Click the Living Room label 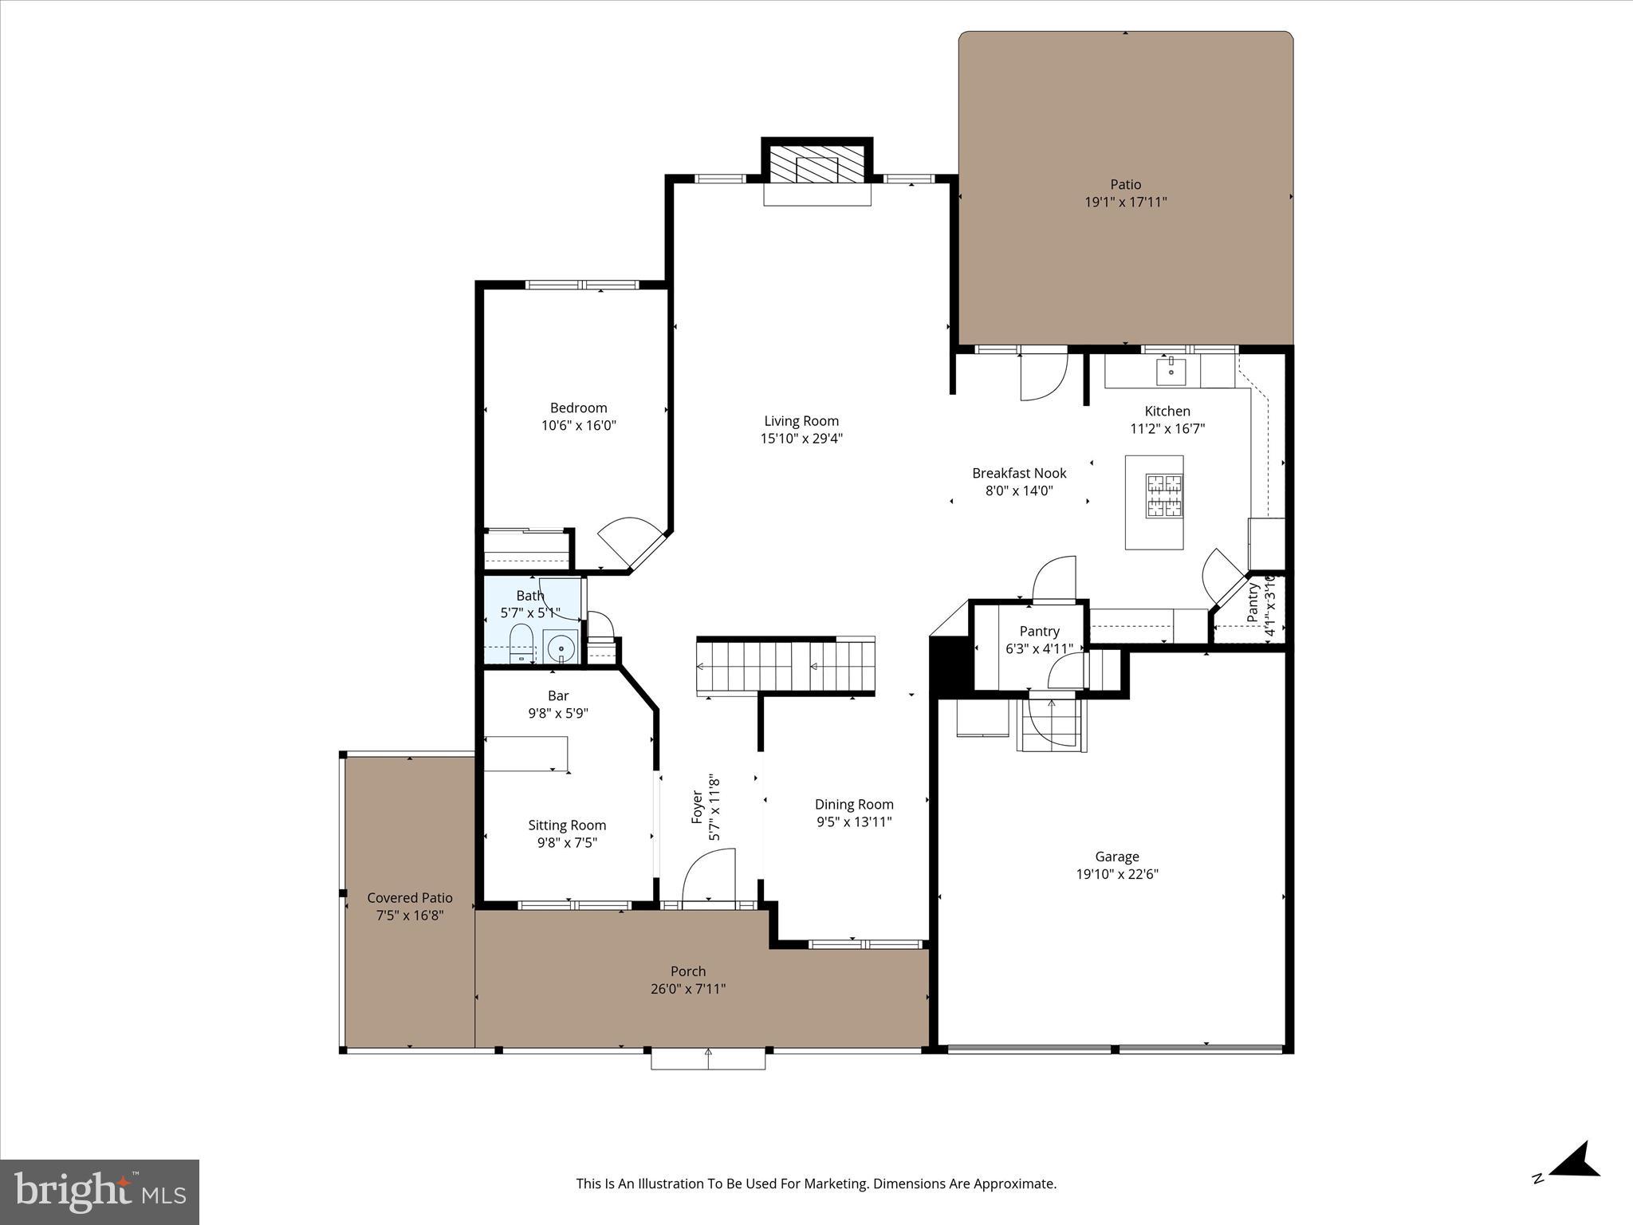point(801,421)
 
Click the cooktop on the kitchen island point(1164,496)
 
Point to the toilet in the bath point(521,644)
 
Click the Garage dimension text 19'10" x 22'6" point(1116,874)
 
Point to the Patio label point(1125,184)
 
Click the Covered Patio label point(410,898)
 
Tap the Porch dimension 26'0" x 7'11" point(687,989)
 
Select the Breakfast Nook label point(1019,473)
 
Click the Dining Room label point(854,805)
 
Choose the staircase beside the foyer point(785,667)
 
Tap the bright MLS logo point(100,1192)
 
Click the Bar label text point(558,695)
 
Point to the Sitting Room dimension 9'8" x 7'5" point(566,843)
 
